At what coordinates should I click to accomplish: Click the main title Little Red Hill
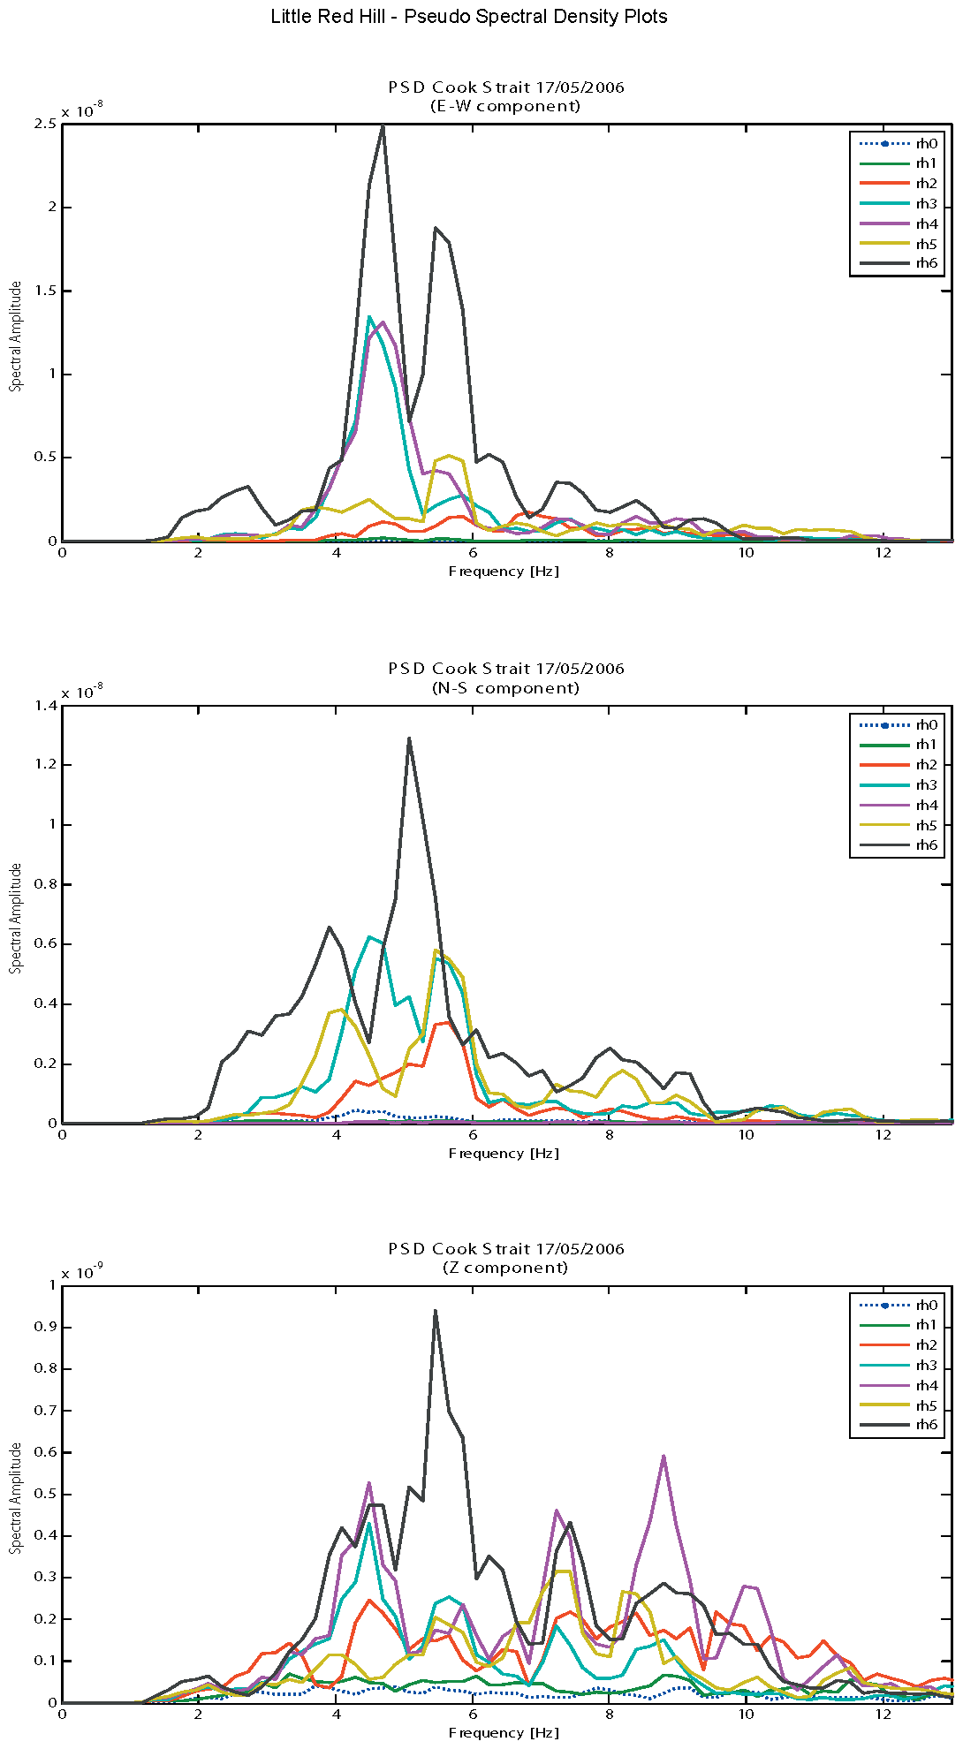(x=468, y=17)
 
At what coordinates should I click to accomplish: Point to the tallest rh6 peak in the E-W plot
(x=382, y=126)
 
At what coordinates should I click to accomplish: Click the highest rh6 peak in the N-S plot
(x=409, y=738)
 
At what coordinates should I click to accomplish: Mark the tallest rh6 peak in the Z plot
(x=436, y=1311)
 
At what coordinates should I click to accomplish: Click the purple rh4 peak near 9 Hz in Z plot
(x=663, y=1457)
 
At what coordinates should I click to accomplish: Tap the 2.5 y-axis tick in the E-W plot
(x=46, y=124)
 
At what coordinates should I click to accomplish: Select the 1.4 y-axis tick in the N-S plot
(x=46, y=705)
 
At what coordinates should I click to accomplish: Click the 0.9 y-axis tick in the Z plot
(x=46, y=1327)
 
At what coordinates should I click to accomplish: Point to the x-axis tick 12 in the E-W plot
(x=883, y=553)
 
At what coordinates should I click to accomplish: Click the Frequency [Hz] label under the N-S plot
(x=504, y=1154)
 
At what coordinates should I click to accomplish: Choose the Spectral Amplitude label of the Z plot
(x=16, y=1498)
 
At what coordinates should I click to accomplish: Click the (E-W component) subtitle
(x=505, y=106)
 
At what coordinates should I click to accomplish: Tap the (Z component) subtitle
(x=505, y=1268)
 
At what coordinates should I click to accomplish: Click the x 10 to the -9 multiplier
(x=82, y=1273)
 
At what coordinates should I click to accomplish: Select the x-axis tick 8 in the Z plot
(x=610, y=1715)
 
